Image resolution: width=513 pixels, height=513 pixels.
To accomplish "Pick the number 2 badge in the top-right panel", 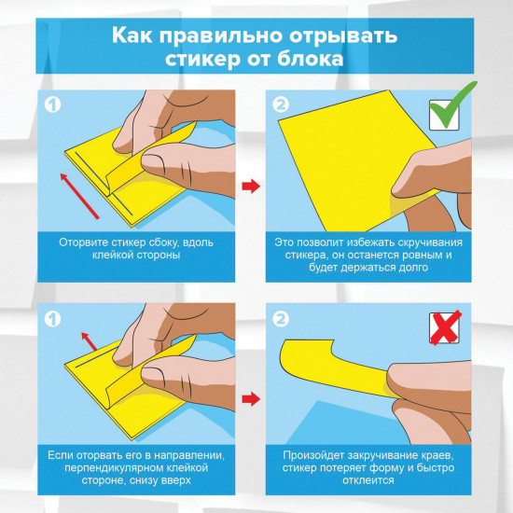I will click(283, 105).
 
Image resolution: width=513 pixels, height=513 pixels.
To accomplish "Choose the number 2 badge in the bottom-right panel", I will click(283, 319).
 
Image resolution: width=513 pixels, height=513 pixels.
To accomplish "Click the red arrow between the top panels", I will click(250, 187).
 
